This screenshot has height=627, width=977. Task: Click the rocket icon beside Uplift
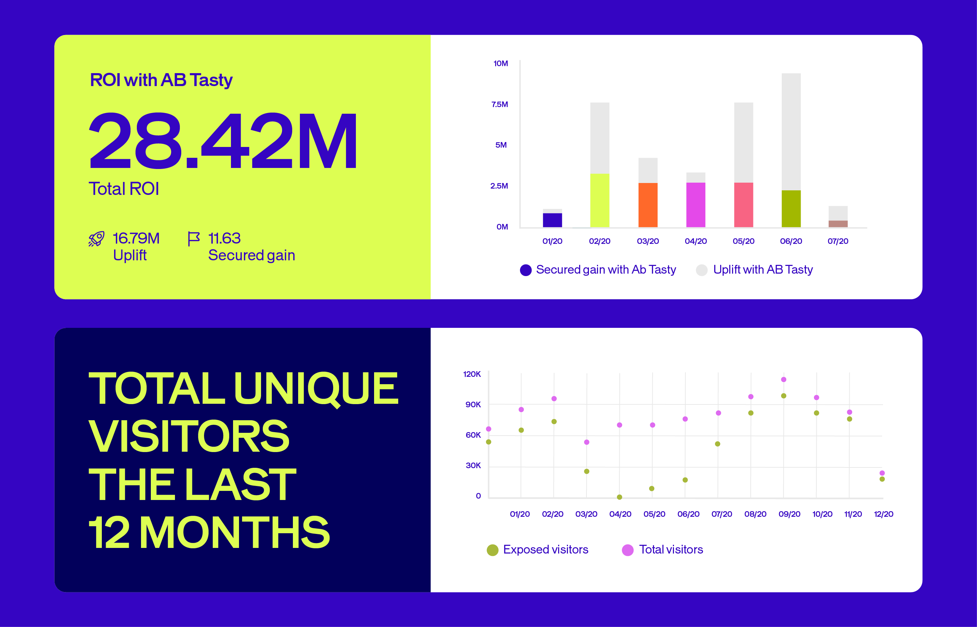point(97,239)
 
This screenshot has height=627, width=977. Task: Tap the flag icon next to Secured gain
point(194,239)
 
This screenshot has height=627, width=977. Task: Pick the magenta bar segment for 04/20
point(696,205)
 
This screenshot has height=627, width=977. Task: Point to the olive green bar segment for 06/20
point(791,209)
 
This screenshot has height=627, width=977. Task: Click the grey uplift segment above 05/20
point(743,142)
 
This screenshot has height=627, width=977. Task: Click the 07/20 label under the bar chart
point(838,241)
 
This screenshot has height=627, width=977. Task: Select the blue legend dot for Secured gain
point(526,270)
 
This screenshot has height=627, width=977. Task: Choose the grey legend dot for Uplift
point(701,270)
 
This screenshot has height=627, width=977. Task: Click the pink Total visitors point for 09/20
point(783,380)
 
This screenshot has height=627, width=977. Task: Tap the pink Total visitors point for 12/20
point(882,473)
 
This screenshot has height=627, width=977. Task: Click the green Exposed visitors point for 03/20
point(586,471)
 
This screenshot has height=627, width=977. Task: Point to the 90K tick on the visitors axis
point(473,405)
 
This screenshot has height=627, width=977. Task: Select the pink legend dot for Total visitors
point(628,550)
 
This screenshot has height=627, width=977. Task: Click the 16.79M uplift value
point(136,238)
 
